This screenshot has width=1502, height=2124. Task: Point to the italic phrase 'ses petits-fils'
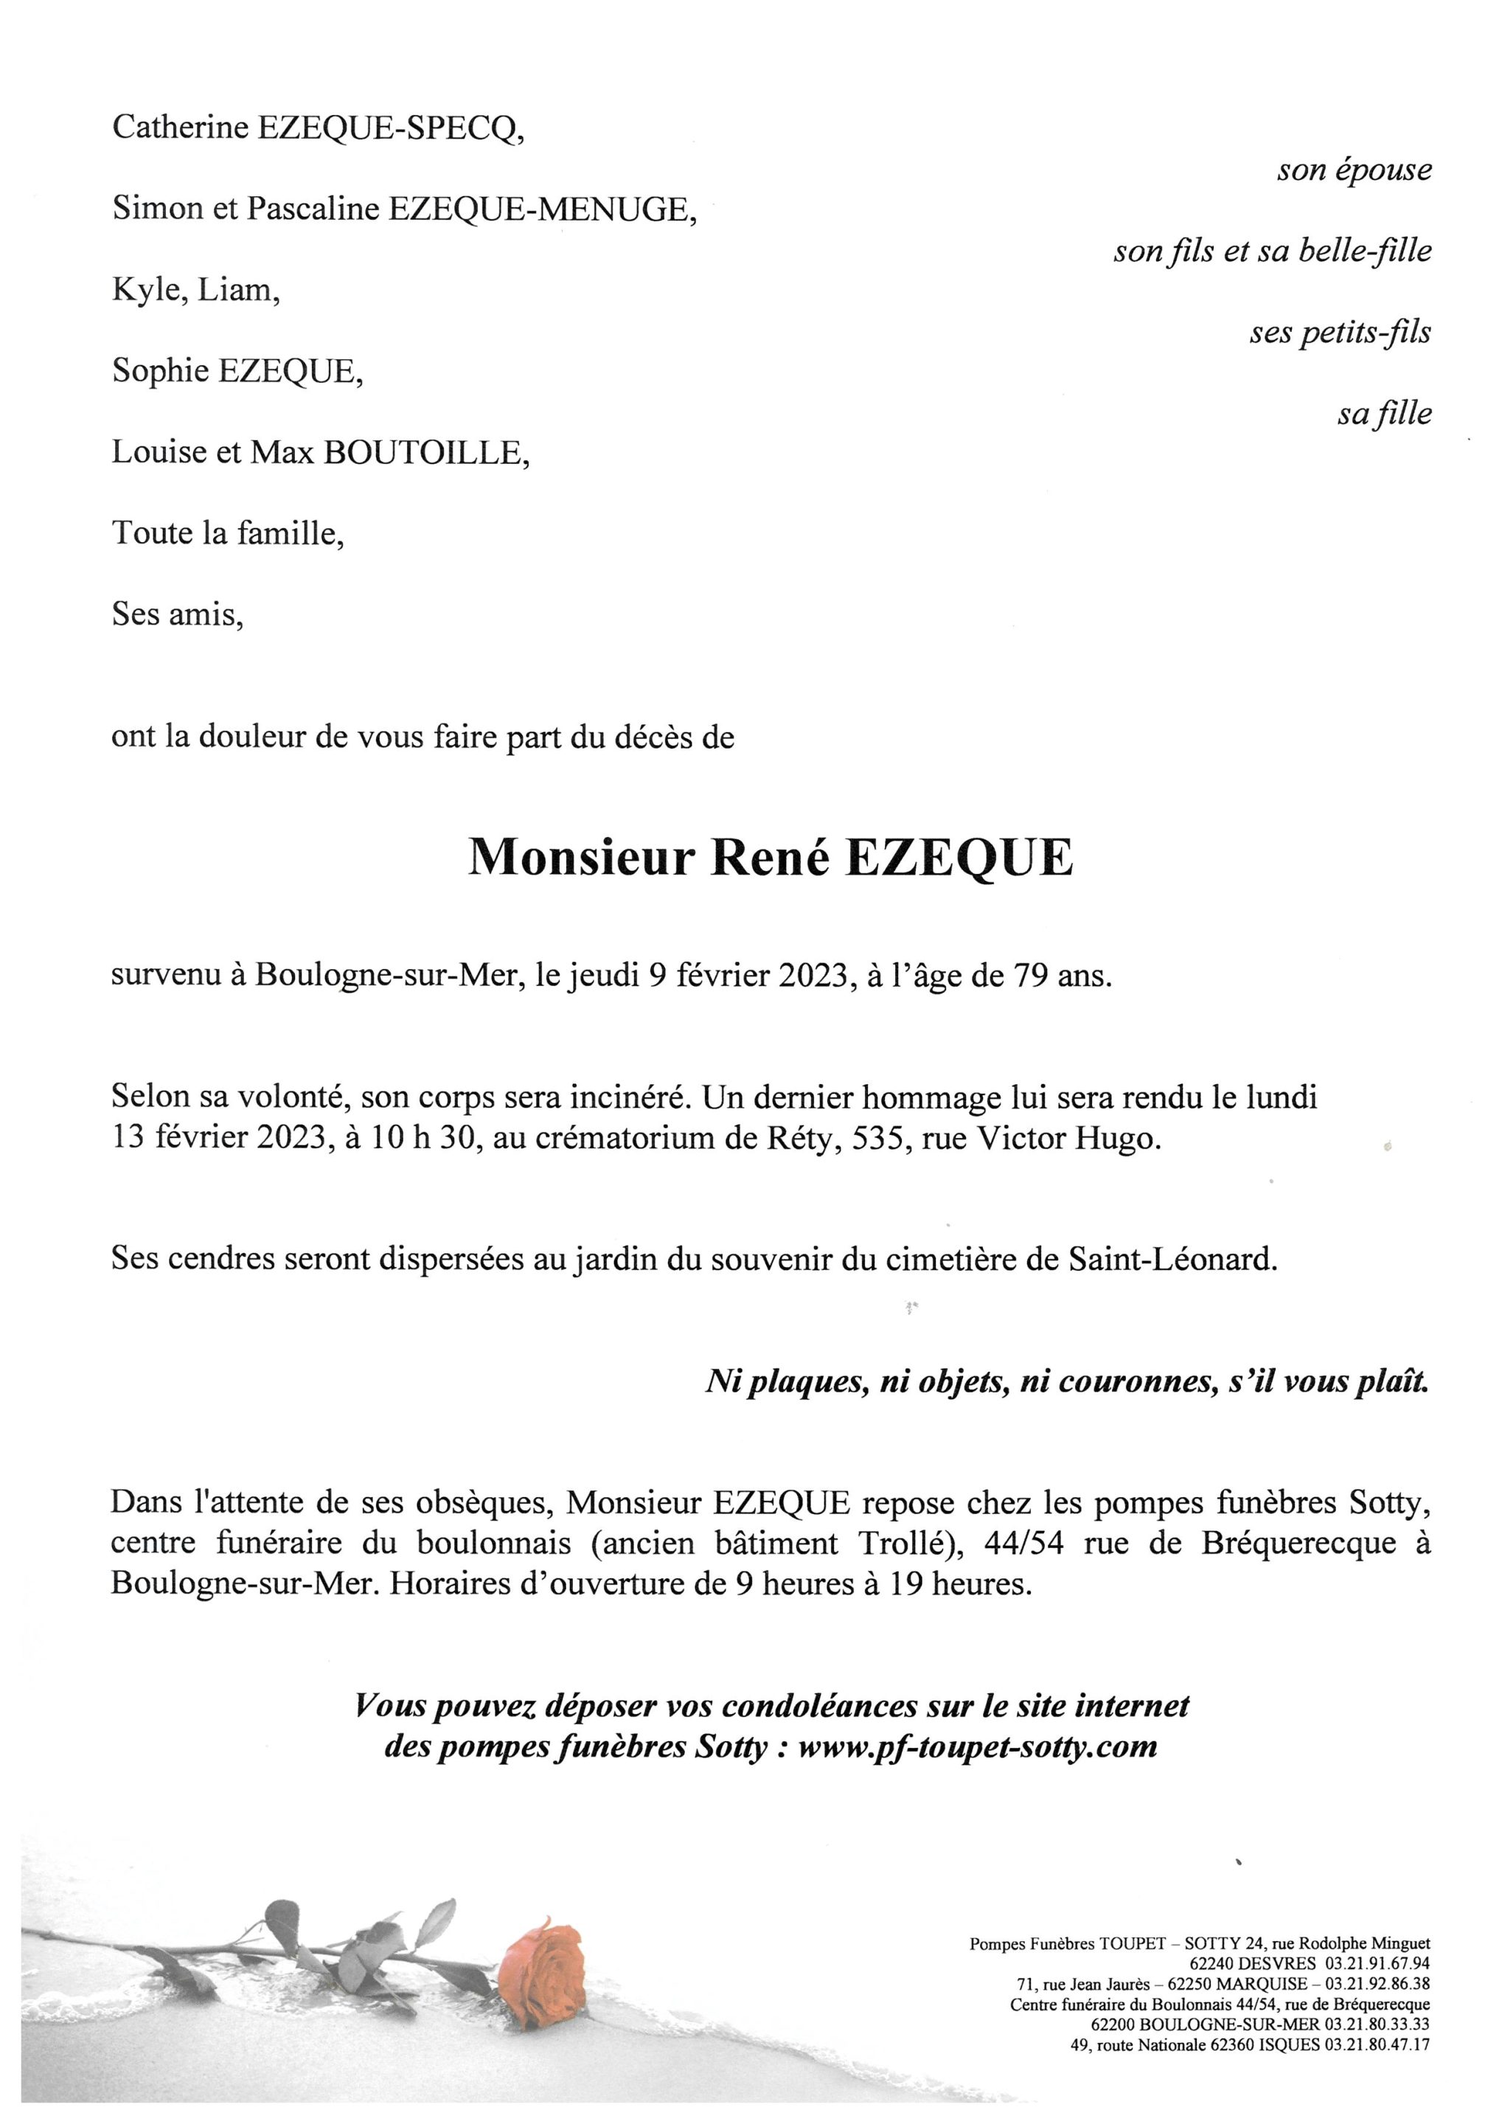point(1340,332)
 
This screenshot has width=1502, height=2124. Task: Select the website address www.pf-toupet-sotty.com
point(977,1746)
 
